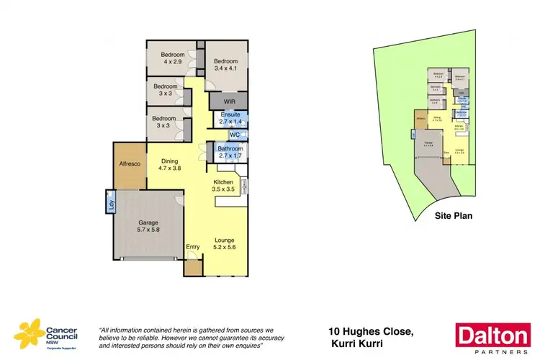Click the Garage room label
click(149, 227)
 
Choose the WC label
click(234, 135)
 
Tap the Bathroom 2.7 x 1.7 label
click(230, 152)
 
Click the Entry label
click(193, 248)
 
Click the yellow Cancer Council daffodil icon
click(28, 333)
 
